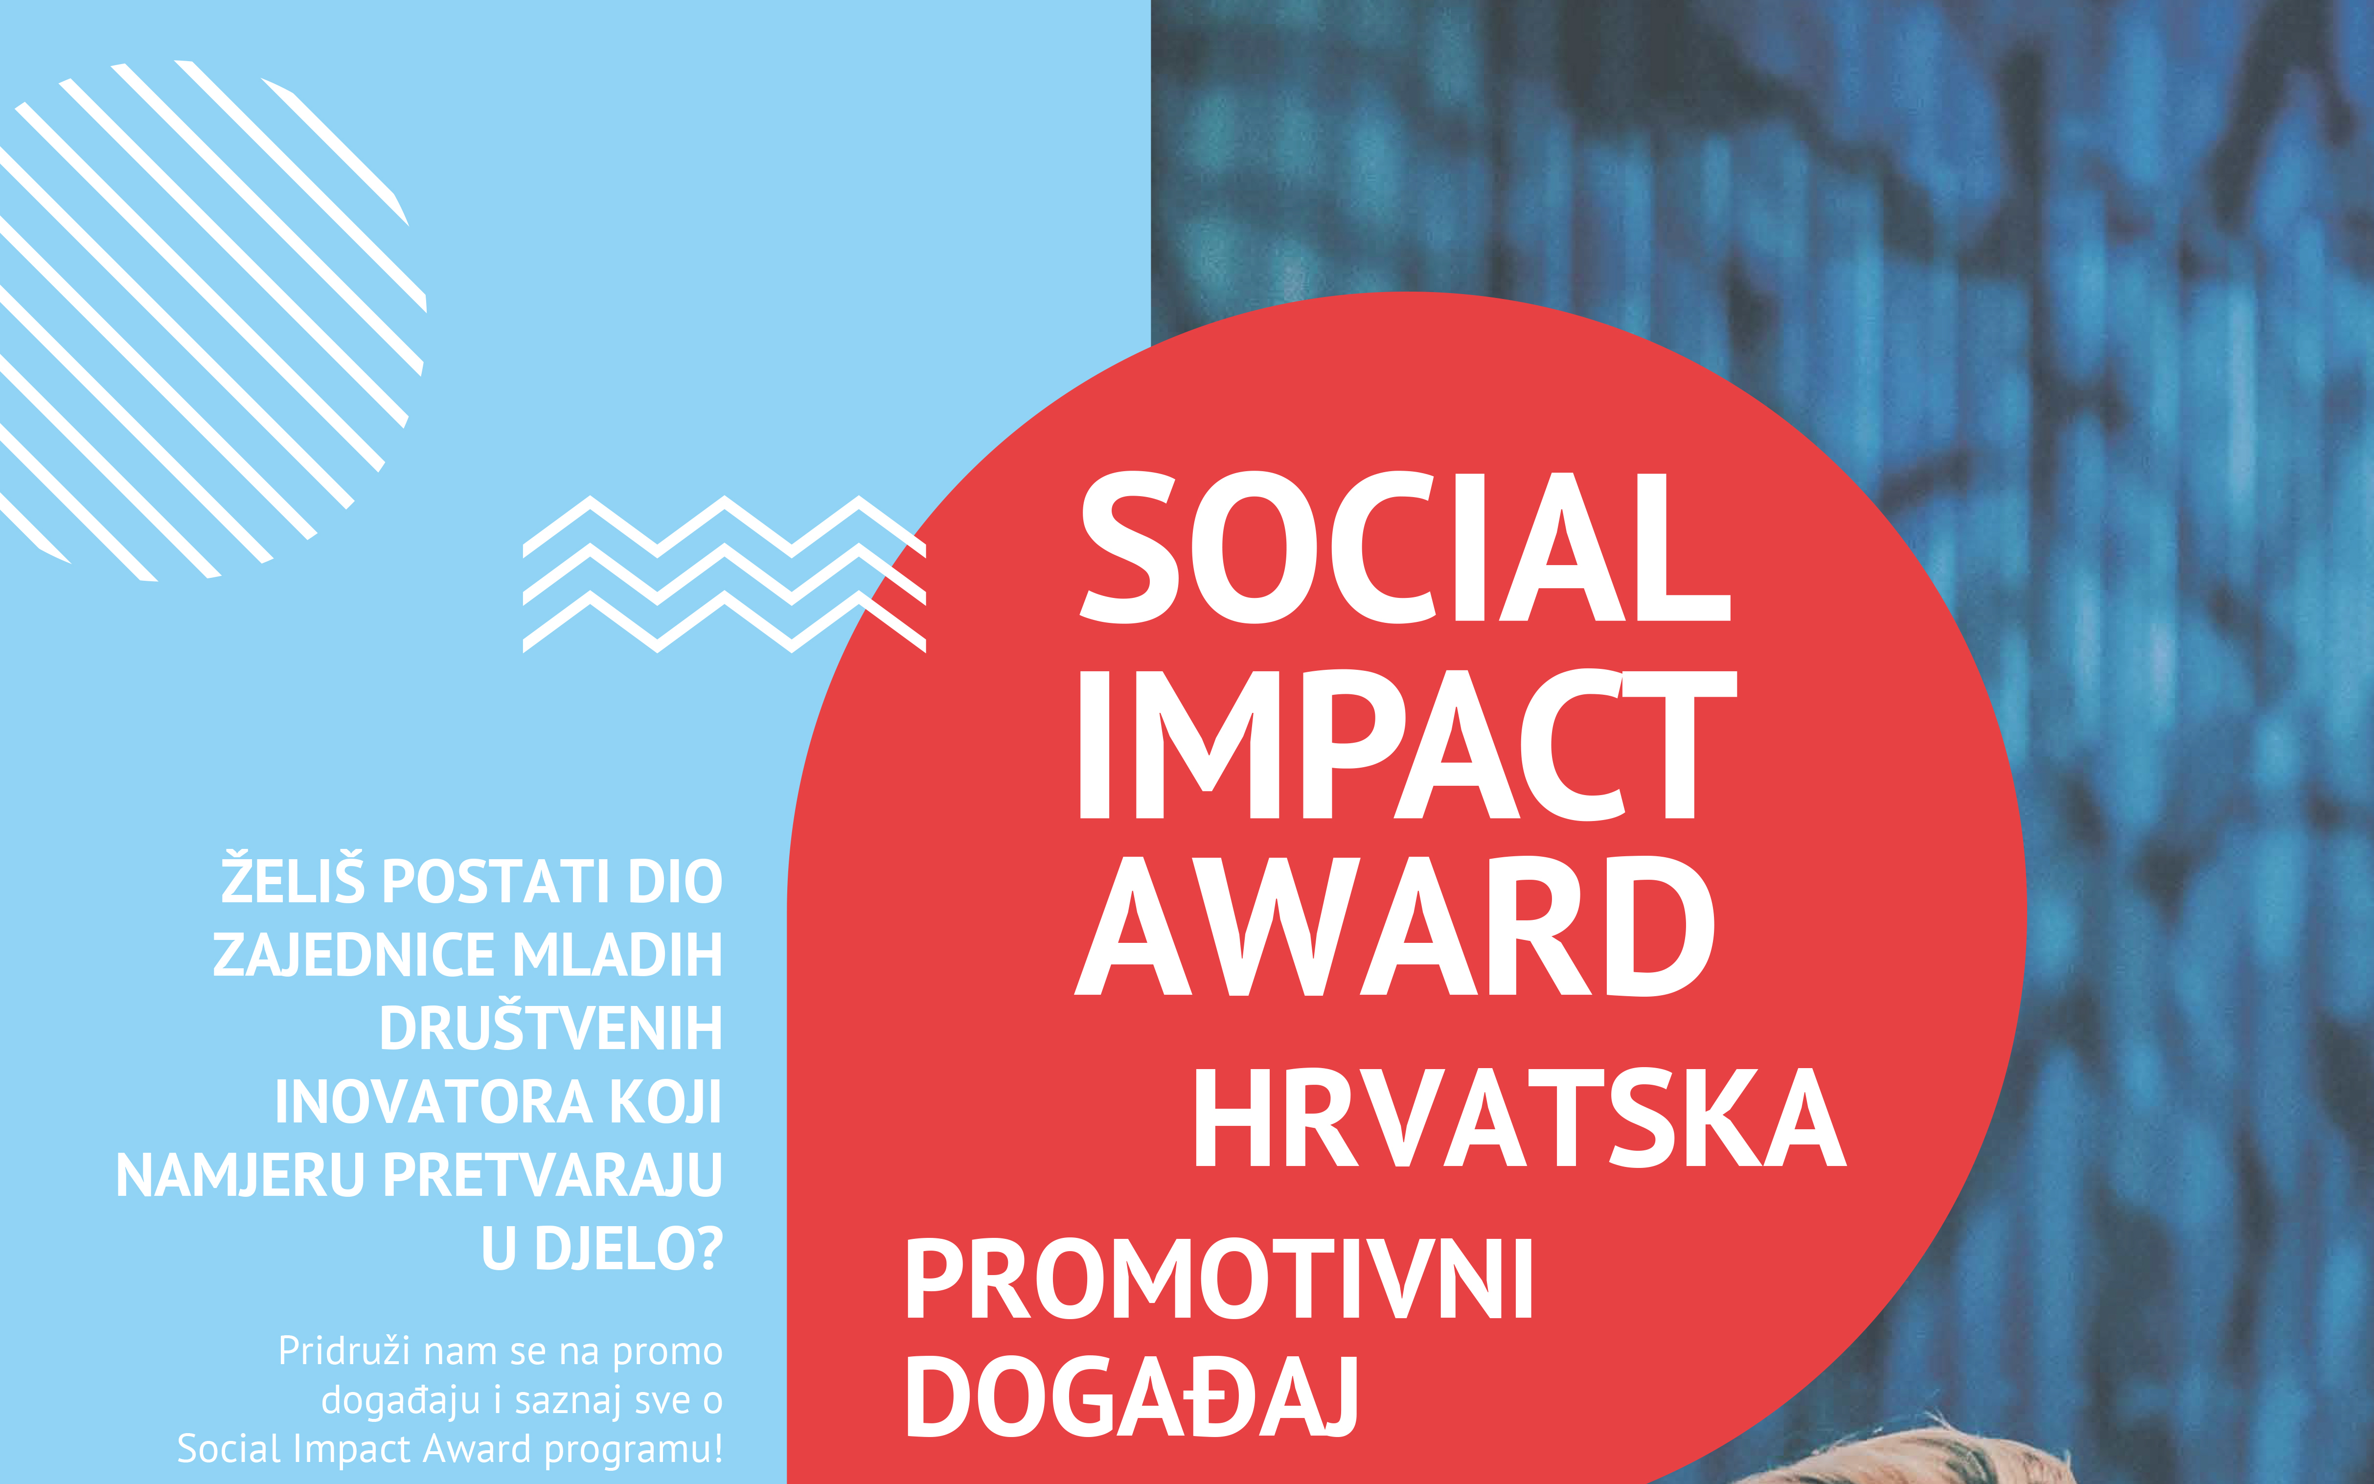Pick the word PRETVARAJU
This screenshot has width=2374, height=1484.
pos(552,1175)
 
